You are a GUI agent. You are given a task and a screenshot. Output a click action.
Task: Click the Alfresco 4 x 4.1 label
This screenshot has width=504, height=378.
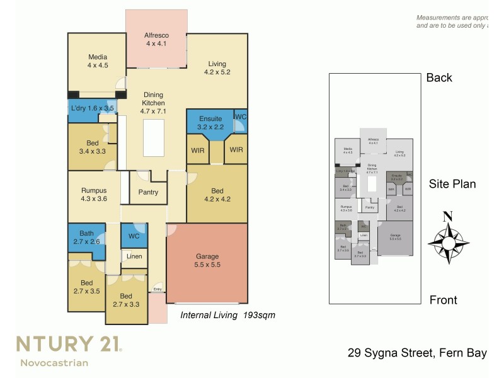point(156,39)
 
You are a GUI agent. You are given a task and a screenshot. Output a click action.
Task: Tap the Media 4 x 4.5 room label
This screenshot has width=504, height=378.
point(98,60)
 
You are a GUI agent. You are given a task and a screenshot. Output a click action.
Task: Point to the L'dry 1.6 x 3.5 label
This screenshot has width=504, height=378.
point(92,108)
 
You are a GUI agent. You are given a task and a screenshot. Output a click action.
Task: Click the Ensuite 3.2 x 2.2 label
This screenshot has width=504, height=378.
point(210,122)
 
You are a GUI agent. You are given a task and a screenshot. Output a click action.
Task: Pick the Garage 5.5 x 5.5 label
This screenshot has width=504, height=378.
point(207,261)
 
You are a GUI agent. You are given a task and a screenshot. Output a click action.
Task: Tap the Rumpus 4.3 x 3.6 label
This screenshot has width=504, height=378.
point(94,195)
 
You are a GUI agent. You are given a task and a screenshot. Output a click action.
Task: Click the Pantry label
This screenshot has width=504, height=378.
point(147,192)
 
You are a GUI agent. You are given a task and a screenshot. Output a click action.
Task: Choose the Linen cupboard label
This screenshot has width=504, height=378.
point(134,256)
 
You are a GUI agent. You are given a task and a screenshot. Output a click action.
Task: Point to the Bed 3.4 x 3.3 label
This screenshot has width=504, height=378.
point(91,147)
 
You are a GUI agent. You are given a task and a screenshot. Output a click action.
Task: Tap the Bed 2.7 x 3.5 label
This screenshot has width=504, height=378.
point(86,287)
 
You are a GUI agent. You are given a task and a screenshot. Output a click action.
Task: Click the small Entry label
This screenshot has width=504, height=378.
point(157,290)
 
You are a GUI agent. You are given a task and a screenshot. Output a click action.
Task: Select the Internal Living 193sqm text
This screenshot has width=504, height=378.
point(228,314)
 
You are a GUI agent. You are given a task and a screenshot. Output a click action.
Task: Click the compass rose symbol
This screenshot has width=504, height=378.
point(447,240)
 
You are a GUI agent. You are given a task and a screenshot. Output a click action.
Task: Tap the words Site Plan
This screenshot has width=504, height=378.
point(452,184)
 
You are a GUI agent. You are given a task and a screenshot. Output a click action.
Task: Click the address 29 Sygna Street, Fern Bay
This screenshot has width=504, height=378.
point(417,353)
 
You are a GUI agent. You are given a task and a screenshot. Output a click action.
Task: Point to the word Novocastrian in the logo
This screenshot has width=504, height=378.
point(54,362)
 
